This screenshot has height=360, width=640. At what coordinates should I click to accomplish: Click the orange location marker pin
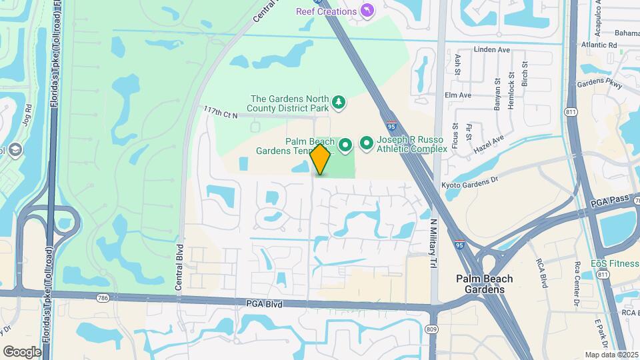(321, 159)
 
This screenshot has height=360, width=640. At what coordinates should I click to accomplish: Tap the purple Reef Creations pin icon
(367, 11)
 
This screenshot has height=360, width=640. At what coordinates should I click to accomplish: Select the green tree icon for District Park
(340, 101)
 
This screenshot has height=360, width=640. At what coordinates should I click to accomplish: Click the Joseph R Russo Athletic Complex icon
(367, 143)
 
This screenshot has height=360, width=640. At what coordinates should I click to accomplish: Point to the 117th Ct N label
(221, 114)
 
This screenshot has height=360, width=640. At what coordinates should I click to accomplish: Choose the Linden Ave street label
(491, 49)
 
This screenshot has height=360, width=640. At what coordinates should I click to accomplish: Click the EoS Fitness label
(615, 263)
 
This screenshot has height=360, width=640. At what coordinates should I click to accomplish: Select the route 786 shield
(102, 298)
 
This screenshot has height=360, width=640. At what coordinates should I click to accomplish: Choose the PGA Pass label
(610, 199)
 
